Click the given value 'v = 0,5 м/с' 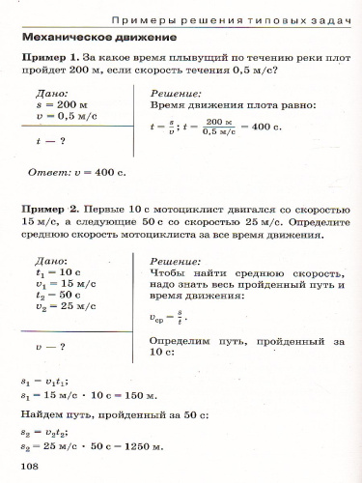(x=64, y=114)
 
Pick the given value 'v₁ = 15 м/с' (x=64, y=285)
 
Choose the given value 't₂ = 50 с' (x=60, y=296)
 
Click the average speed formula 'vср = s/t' (x=168, y=316)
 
